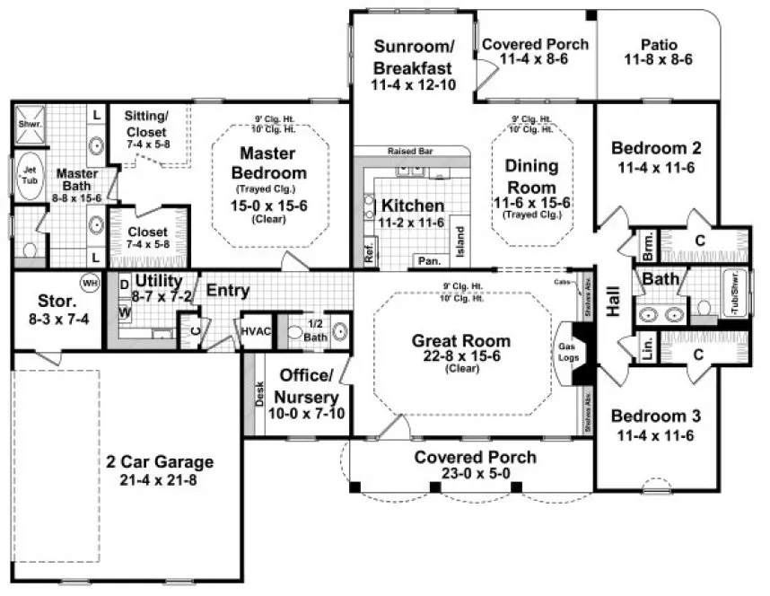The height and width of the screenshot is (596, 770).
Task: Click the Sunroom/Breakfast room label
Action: point(414,56)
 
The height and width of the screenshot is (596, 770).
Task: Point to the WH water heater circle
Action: point(90,282)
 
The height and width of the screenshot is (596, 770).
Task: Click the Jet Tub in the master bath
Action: point(28,172)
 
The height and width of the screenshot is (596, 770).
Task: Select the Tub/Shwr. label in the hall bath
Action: point(733,293)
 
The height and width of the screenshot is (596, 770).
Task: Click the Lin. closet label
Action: point(648,350)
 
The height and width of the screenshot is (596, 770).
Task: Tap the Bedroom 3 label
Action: point(656,416)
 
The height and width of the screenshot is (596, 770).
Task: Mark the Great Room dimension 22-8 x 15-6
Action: point(460,356)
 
